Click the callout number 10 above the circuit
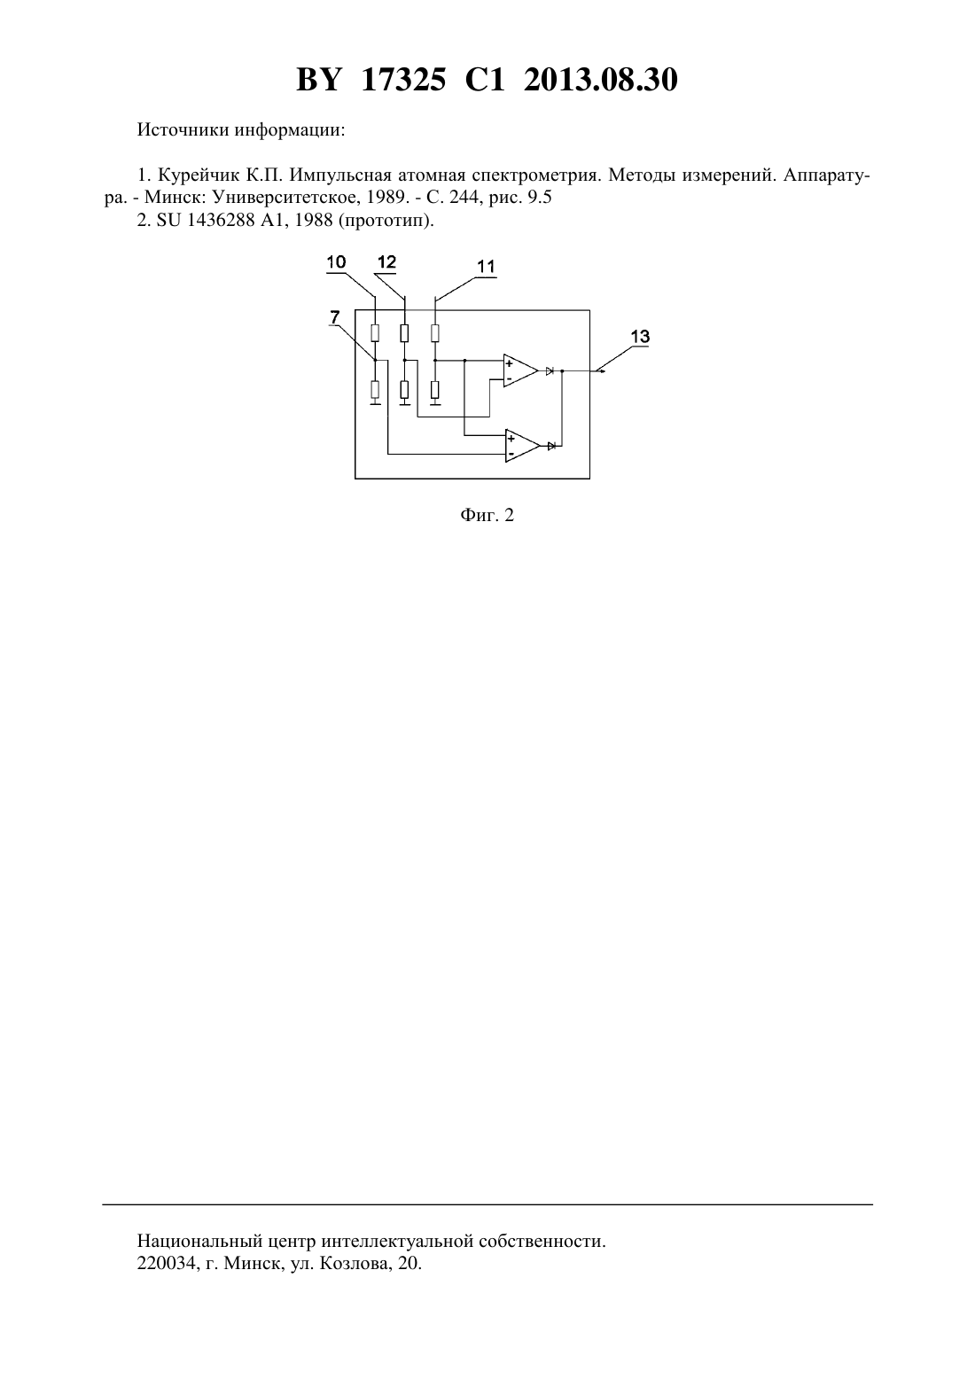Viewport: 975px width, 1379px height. click(336, 262)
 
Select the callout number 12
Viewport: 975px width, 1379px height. click(386, 262)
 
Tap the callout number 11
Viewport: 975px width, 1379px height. click(487, 267)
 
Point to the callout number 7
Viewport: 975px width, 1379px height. click(334, 317)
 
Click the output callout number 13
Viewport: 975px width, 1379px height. click(640, 337)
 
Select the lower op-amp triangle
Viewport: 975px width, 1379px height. click(522, 446)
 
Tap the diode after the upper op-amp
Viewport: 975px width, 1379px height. click(550, 370)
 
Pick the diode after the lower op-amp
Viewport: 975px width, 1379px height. click(551, 446)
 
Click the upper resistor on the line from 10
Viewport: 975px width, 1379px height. click(375, 333)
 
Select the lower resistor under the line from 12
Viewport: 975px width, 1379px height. click(404, 390)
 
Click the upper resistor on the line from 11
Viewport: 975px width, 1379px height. click(435, 333)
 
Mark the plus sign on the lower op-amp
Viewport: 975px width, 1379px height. click(511, 439)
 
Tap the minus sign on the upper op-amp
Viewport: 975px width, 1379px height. click(509, 378)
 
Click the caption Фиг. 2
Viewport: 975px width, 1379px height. click(487, 515)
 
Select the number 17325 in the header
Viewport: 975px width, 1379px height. click(403, 80)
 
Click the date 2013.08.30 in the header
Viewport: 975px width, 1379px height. click(601, 80)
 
